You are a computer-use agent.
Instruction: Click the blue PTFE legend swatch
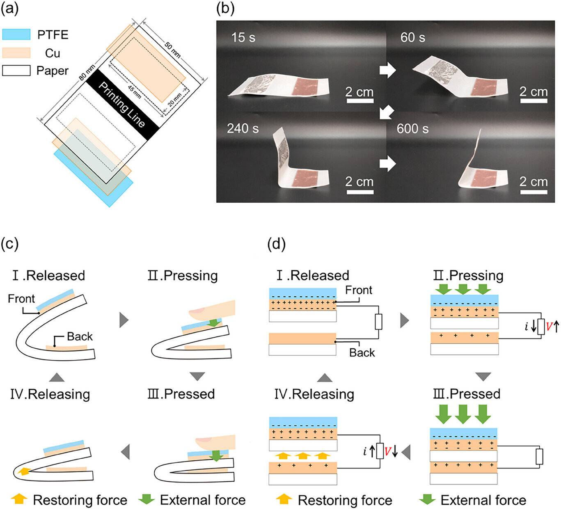16,34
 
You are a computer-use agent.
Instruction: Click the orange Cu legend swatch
16,53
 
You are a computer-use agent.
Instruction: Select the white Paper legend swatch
16,71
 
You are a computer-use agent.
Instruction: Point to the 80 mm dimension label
87,72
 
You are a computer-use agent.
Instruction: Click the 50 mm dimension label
172,49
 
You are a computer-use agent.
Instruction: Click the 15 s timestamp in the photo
243,37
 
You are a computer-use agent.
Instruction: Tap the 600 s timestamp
412,129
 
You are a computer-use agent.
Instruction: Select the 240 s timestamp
243,129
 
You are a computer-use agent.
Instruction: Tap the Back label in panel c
80,336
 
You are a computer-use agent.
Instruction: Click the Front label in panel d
358,290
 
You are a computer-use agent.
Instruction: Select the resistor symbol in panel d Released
378,322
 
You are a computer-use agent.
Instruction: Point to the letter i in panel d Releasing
365,452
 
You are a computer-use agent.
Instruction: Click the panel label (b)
225,9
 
